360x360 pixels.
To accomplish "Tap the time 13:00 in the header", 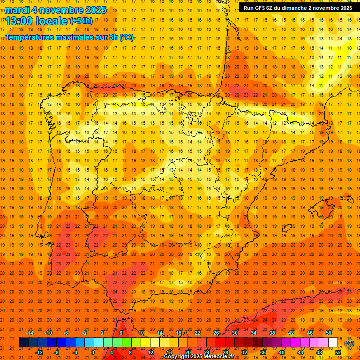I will pyautogui.click(x=18, y=21).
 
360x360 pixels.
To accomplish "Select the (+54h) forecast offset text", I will pyautogui.click(x=81, y=21).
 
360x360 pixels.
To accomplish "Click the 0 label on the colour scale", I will pyautogui.click(x=93, y=352).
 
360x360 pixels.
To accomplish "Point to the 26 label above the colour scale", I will pyautogui.click(x=216, y=333).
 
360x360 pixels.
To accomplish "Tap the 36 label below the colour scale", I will pyautogui.click(x=263, y=352).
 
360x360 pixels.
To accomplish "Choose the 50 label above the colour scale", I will pyautogui.click(x=329, y=333).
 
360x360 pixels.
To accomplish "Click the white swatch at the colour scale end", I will pyautogui.click(x=333, y=343).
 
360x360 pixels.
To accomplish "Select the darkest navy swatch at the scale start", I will pyautogui.click(x=23, y=343).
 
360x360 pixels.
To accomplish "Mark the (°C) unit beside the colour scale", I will pyautogui.click(x=349, y=343).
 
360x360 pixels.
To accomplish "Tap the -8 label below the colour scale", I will pyautogui.click(x=57, y=352).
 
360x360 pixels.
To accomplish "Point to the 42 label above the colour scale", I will pyautogui.click(x=291, y=333).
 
